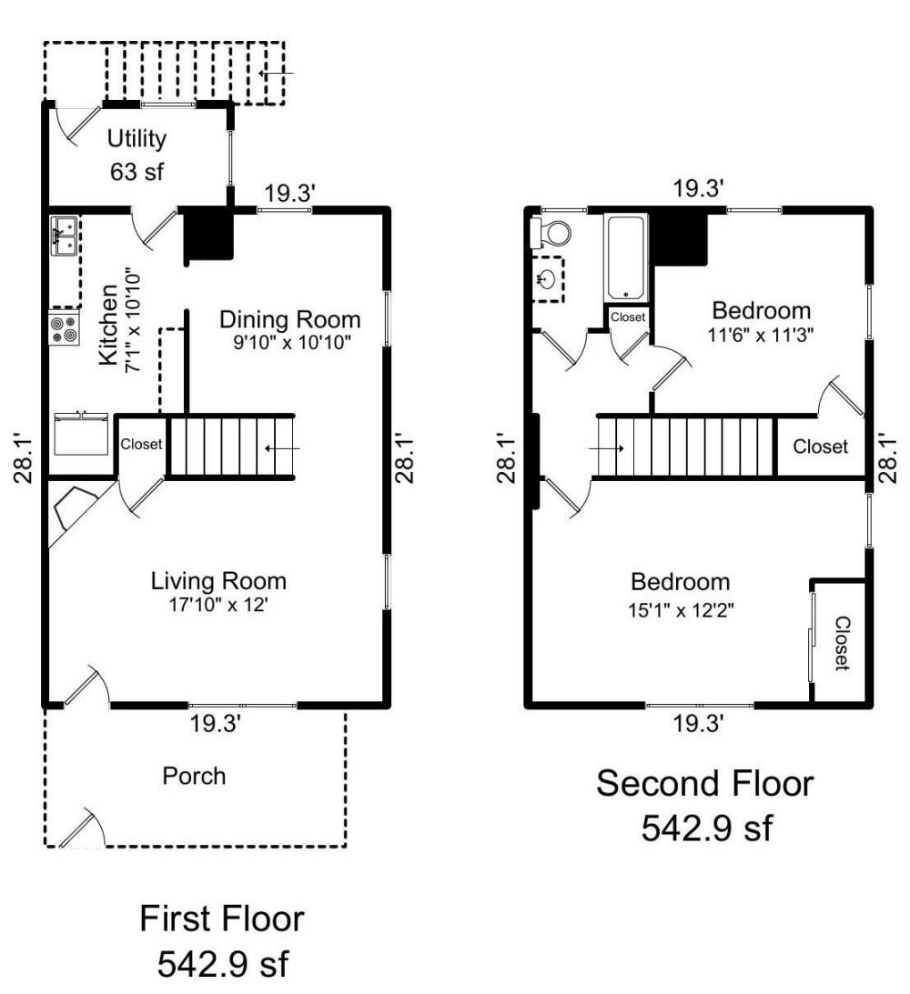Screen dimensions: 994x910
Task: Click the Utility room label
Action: [x=137, y=139]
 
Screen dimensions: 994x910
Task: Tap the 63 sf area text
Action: [x=137, y=171]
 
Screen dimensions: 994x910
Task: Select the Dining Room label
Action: [x=290, y=320]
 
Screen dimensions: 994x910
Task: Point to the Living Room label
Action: [x=218, y=580]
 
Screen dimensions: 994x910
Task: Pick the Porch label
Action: [x=194, y=776]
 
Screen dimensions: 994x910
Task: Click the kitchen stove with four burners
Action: [x=63, y=329]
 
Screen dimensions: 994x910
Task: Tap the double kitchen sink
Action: [x=64, y=236]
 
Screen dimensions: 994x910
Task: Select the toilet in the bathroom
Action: [x=551, y=234]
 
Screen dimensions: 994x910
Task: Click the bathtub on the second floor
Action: [x=627, y=257]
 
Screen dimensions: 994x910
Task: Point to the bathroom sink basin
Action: [x=547, y=278]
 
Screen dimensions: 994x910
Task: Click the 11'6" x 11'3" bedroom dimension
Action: [x=762, y=334]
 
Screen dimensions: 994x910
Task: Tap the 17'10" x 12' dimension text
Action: [x=218, y=605]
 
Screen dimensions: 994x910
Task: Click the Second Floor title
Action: [x=704, y=783]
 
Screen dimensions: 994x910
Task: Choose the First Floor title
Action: [x=221, y=919]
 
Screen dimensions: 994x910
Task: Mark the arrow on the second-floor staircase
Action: [x=607, y=447]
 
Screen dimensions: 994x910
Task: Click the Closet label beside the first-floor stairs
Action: [x=142, y=445]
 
